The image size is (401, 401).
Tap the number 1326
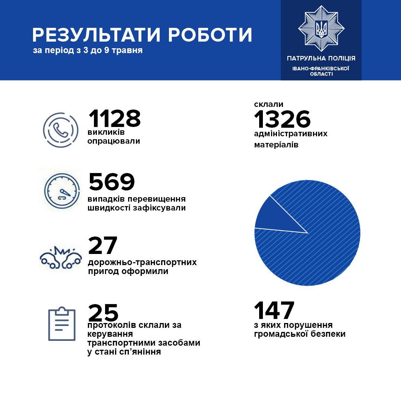tap(282, 120)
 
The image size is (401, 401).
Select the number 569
tap(111, 182)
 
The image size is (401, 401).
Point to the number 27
tap(102, 245)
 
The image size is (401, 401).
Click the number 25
tap(103, 313)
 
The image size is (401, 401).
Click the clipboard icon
tap(62, 324)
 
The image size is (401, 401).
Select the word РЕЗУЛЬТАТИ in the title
tap(97, 35)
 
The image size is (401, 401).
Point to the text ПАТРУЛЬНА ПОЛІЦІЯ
tap(321, 58)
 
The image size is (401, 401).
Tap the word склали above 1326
tap(266, 104)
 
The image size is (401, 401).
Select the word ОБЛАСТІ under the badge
tap(321, 74)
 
